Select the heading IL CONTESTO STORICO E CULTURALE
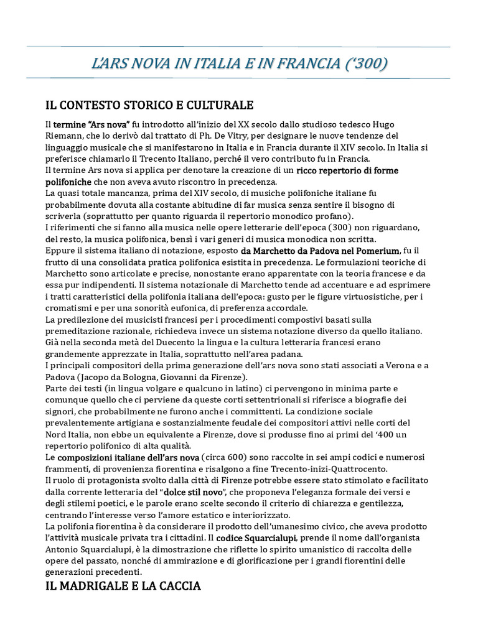pyautogui.click(x=149, y=104)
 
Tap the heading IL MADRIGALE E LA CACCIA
pyautogui.click(x=123, y=585)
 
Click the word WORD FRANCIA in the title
pyautogui.click(x=299, y=63)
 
